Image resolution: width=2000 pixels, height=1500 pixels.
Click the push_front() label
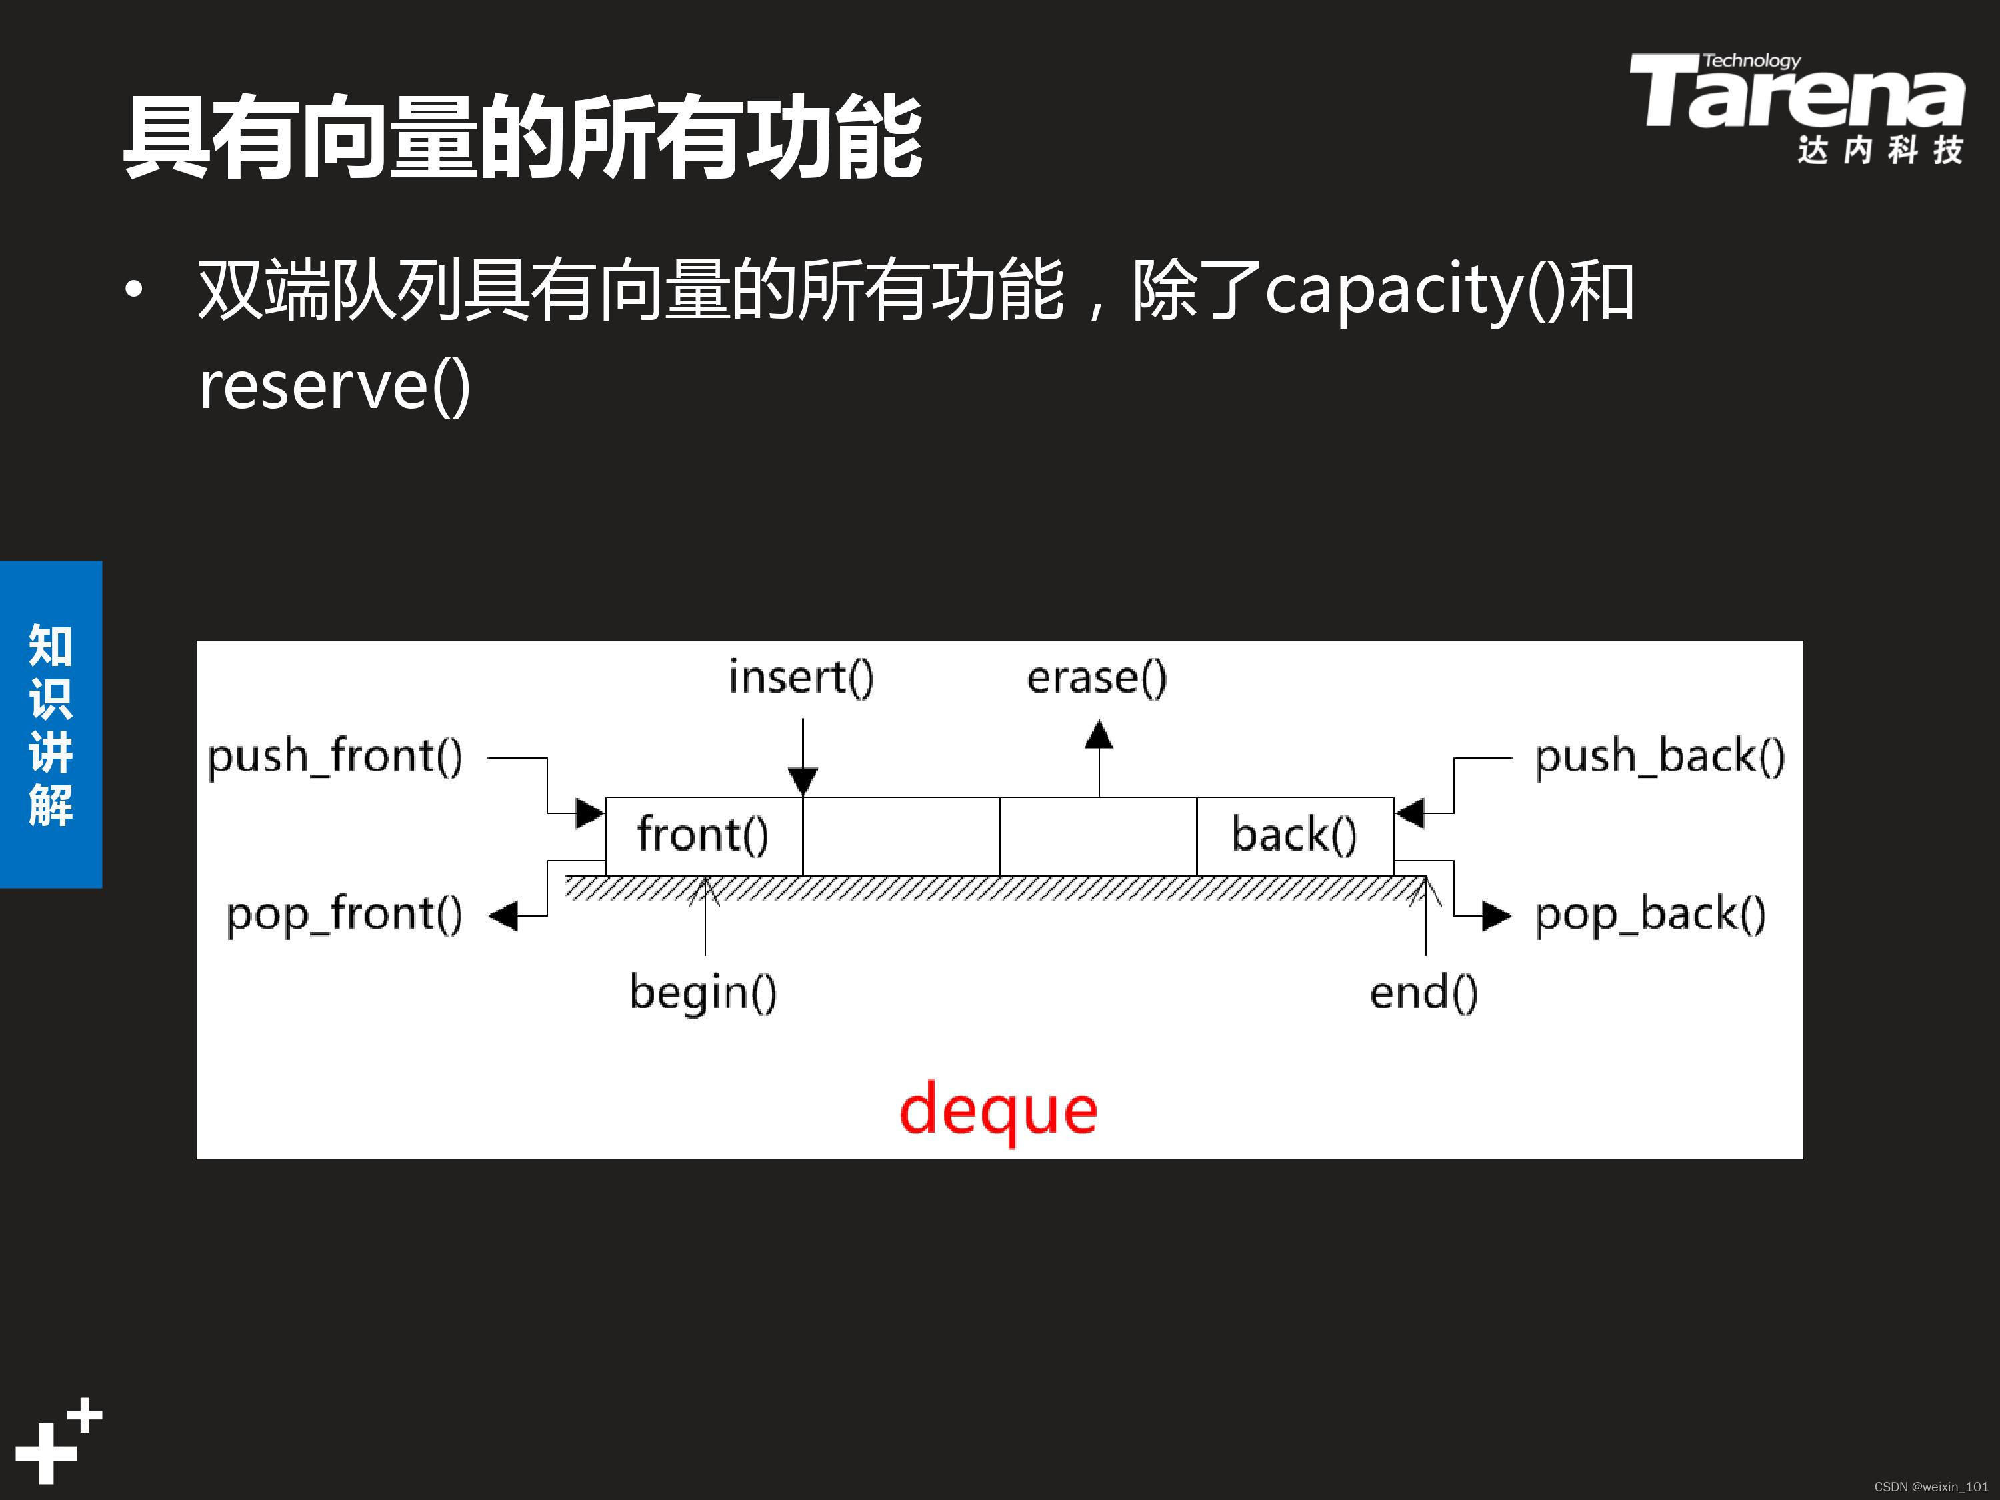coord(335,757)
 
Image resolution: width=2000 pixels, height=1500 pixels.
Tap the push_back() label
coord(1659,757)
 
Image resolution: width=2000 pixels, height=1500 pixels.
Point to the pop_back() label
coord(1650,915)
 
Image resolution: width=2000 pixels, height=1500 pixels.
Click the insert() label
coord(801,678)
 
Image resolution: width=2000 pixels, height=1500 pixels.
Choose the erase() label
coord(1097,678)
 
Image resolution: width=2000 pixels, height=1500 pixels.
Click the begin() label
coord(703,993)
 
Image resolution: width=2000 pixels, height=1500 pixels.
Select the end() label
coord(1423,993)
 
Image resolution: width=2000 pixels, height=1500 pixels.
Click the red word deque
coord(998,1110)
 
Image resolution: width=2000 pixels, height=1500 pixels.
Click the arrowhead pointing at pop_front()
coord(503,916)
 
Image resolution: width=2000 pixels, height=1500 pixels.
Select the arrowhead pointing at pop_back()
coord(1497,916)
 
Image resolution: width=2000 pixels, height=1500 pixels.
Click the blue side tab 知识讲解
coord(51,724)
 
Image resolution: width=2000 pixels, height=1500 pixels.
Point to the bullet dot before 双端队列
coord(134,290)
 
